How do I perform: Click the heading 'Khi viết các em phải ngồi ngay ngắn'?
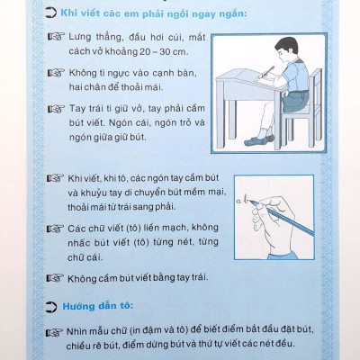154,13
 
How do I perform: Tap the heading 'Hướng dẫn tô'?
97,306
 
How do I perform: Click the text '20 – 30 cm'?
163,51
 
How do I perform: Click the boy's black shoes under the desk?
259,139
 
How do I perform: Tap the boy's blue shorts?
294,100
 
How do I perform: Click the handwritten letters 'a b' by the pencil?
242,200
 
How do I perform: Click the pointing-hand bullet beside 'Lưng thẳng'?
56,37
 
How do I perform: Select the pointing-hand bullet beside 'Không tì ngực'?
56,73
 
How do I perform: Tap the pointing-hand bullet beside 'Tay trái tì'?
56,109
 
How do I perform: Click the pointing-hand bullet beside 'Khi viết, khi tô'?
55,178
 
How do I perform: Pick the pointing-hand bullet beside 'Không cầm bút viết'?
55,278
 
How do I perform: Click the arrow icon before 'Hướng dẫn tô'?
50,307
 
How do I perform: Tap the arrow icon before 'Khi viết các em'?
50,13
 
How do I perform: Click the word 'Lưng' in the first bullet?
80,38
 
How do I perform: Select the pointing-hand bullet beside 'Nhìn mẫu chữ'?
54,333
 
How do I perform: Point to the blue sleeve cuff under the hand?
282,256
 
